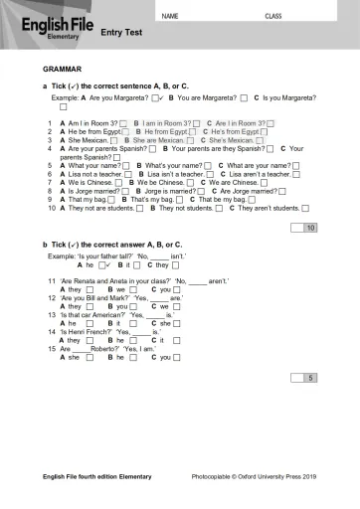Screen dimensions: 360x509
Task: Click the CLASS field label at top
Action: coord(272,17)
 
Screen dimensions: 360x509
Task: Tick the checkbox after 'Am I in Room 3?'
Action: coord(123,123)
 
